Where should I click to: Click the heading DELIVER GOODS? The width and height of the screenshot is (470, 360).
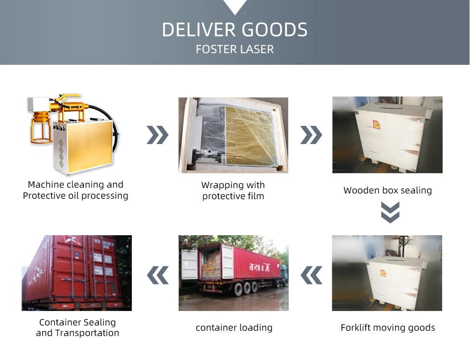235,30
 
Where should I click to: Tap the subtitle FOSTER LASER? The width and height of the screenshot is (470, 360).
235,49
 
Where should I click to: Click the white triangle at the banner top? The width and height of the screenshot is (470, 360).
235,6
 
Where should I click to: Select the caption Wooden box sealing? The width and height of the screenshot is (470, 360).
388,191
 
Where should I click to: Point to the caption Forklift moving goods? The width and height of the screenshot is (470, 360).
388,328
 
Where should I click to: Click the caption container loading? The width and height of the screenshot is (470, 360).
234,328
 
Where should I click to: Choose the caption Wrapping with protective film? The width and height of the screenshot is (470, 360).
233,191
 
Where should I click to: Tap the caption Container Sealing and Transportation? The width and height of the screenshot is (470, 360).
77,328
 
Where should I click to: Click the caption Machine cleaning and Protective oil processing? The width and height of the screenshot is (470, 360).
76,190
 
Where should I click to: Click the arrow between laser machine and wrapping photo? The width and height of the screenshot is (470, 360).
157,136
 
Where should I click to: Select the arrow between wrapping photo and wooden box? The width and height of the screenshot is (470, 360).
311,136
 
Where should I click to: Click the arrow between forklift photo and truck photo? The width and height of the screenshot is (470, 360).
311,275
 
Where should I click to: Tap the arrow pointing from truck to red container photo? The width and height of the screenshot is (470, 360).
157,275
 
